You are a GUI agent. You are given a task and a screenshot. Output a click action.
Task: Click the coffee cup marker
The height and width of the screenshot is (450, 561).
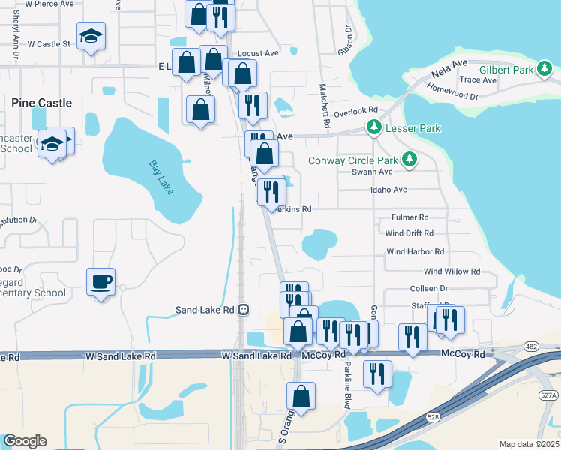[100, 282]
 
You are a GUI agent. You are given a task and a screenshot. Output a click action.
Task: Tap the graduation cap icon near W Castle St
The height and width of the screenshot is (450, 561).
[91, 36]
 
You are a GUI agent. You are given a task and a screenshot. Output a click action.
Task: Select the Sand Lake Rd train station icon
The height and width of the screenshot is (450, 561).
[242, 310]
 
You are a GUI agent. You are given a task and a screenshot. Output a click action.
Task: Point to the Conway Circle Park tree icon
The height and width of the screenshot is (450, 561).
[409, 159]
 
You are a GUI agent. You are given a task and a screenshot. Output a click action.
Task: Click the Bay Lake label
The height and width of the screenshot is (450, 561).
[161, 177]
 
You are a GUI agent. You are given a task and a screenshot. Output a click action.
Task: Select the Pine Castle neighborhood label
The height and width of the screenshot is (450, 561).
[42, 102]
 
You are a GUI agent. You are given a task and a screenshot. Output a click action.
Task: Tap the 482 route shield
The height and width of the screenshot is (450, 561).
[532, 345]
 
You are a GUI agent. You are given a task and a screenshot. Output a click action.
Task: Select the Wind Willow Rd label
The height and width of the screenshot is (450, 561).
[451, 271]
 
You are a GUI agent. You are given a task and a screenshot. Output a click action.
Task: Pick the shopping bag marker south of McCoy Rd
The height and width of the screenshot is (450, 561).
[301, 397]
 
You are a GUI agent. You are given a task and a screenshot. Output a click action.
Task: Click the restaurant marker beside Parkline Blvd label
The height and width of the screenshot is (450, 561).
[376, 373]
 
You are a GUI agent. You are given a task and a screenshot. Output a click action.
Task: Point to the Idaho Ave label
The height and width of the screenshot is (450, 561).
[388, 190]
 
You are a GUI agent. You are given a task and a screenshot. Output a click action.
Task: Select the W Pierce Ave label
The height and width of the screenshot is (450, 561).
[49, 4]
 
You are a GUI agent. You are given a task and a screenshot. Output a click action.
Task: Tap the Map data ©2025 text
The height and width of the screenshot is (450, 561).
[529, 444]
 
